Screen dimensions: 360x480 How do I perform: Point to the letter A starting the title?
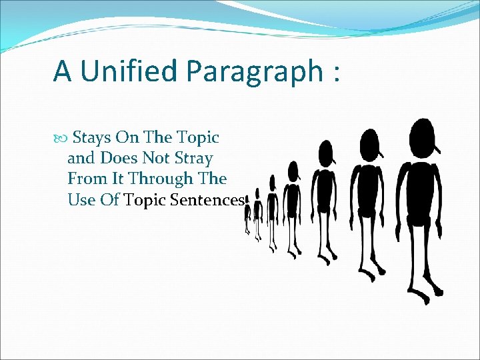click(62, 71)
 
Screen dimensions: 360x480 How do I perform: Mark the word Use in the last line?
click(81, 200)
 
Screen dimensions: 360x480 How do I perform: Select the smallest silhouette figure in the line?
click(247, 217)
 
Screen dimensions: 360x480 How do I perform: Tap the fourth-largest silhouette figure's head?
click(292, 171)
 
